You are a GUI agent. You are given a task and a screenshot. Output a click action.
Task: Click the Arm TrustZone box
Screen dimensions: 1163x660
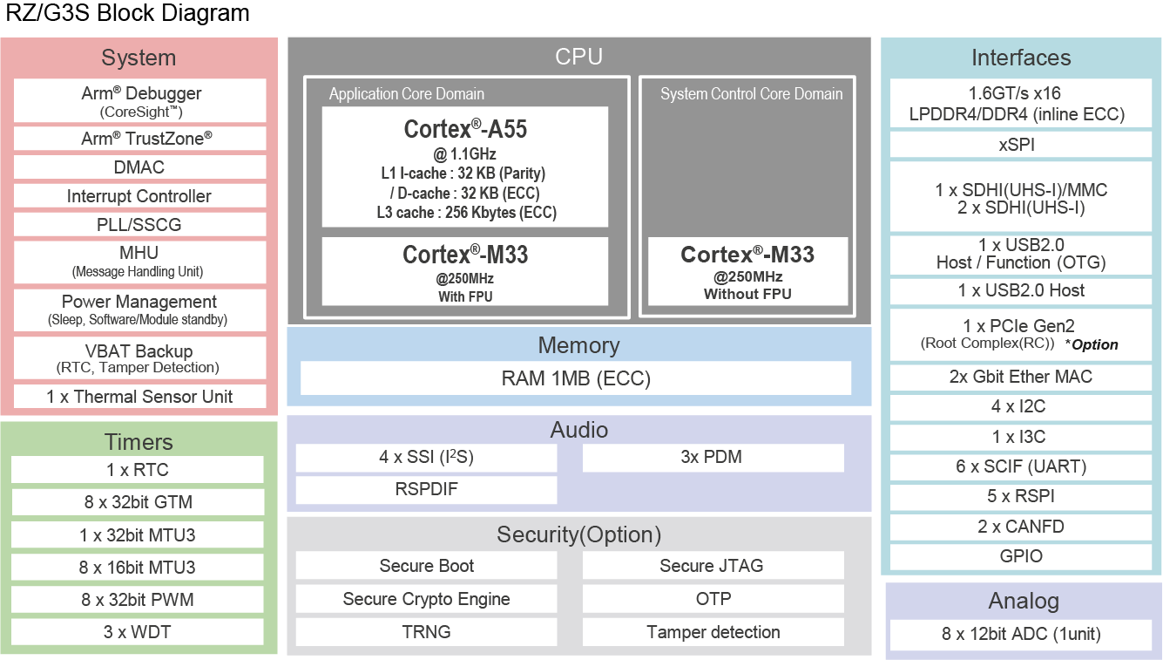coord(139,139)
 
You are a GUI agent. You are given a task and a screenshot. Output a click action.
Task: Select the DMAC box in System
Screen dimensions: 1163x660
coord(139,167)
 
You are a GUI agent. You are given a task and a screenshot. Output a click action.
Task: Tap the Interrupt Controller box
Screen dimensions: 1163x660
coord(139,196)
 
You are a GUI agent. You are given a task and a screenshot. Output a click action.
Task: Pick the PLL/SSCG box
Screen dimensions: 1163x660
coord(139,224)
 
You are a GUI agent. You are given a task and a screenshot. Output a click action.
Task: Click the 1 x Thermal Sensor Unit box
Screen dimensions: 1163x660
coord(139,397)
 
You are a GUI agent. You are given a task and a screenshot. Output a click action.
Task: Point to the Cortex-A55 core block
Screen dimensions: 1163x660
coord(464,167)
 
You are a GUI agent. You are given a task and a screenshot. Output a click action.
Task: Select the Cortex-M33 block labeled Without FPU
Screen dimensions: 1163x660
coord(747,271)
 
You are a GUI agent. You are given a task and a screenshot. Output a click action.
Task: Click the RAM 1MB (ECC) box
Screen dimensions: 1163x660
coord(576,378)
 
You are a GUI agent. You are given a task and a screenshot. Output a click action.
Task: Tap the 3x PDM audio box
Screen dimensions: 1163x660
coord(713,458)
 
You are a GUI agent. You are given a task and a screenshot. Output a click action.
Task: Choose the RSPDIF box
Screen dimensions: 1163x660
coord(426,489)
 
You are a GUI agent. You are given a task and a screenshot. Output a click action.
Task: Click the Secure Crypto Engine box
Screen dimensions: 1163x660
coord(426,599)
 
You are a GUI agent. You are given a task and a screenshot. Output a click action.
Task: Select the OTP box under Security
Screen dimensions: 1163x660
coord(713,599)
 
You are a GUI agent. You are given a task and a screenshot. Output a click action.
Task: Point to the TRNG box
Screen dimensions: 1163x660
coord(426,632)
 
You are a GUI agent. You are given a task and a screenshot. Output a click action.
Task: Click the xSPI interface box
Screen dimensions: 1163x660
coord(1020,145)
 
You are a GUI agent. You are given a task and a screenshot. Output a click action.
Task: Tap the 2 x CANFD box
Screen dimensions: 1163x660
coord(1020,527)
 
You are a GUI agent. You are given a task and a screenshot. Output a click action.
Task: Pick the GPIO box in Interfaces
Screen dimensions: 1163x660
coord(1020,556)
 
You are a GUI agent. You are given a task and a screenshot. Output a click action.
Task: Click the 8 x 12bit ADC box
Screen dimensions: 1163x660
coord(1021,634)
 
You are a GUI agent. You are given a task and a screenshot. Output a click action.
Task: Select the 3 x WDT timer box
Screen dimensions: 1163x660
coord(137,632)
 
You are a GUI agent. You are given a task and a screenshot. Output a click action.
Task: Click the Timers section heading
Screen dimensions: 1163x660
coord(139,442)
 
